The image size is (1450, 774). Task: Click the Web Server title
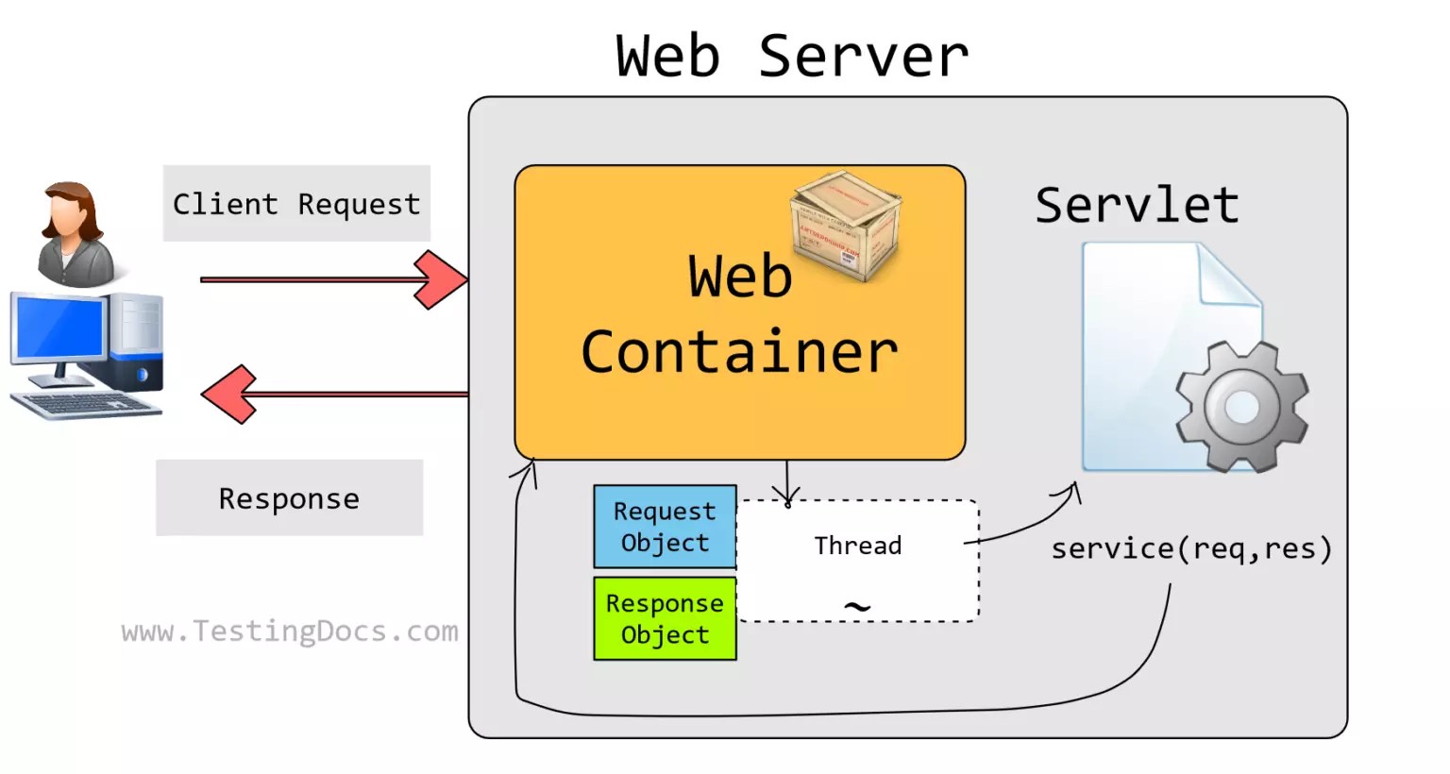click(791, 56)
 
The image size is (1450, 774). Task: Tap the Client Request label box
click(296, 204)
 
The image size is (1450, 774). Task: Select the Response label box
click(289, 498)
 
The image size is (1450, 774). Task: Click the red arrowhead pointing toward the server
click(440, 279)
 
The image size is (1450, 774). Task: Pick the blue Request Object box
click(665, 527)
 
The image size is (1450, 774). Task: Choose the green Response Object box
click(665, 618)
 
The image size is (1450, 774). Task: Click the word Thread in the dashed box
click(857, 546)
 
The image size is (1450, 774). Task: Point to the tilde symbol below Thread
click(856, 606)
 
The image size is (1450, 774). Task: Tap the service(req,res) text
click(1191, 548)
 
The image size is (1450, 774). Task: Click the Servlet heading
click(1137, 205)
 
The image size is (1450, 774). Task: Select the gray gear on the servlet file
click(1241, 408)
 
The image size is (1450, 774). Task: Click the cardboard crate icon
click(846, 225)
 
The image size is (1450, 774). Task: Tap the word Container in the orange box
click(739, 352)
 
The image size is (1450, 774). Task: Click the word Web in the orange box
click(739, 277)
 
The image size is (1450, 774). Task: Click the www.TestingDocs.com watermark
click(290, 631)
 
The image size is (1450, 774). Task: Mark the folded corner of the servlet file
click(1229, 275)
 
